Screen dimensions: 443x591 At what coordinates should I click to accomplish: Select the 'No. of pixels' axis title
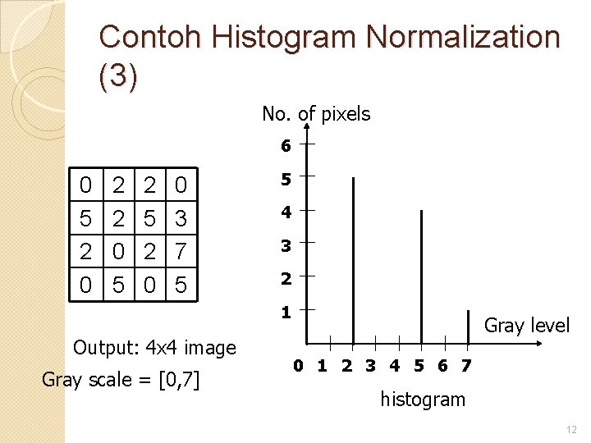click(x=316, y=114)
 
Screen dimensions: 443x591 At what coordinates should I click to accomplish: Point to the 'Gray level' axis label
click(x=526, y=325)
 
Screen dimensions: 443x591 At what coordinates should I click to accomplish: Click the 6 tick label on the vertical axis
click(x=285, y=146)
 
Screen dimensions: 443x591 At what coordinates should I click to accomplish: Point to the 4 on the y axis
click(x=285, y=212)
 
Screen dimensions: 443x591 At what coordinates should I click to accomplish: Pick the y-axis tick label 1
click(x=285, y=313)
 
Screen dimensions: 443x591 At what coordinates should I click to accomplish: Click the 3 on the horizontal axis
click(x=371, y=366)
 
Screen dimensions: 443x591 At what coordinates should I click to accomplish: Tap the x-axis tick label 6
click(x=442, y=366)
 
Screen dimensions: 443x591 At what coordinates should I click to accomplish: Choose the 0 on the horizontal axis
click(x=299, y=366)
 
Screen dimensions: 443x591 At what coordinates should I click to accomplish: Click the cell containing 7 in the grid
click(x=181, y=252)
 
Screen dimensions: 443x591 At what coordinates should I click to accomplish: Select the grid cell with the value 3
click(x=181, y=219)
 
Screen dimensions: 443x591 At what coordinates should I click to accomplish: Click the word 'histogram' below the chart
click(x=422, y=400)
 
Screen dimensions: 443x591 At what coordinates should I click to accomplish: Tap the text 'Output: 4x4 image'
click(x=154, y=348)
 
